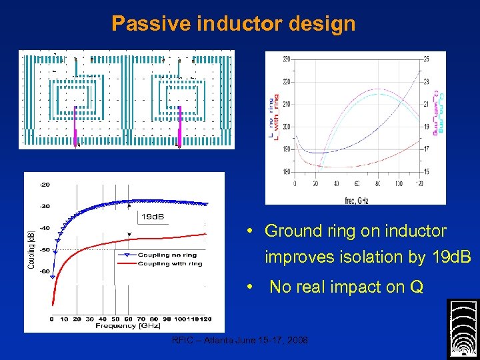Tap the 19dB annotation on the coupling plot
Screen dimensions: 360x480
pyautogui.click(x=153, y=217)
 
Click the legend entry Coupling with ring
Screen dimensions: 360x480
pyautogui.click(x=169, y=263)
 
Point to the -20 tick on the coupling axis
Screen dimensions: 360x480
pyautogui.click(x=44, y=184)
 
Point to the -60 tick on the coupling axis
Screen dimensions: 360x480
pyautogui.click(x=44, y=271)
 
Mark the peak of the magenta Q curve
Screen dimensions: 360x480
pyautogui.click(x=377, y=89)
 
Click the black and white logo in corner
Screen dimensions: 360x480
pyautogui.click(x=463, y=329)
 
